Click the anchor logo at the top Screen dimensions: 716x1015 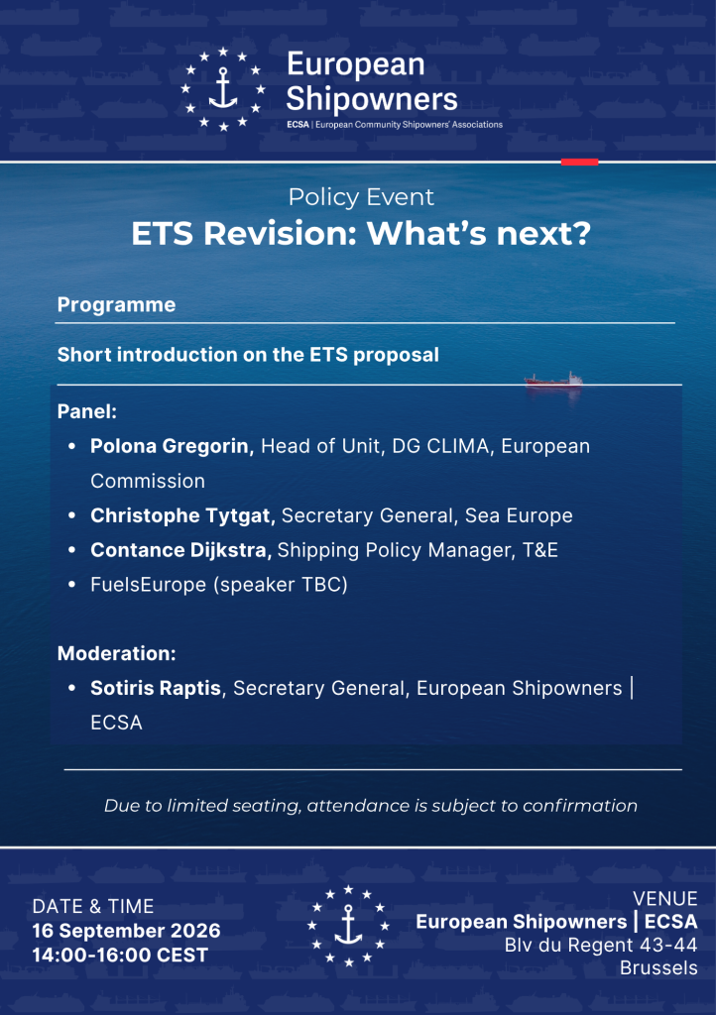tap(223, 88)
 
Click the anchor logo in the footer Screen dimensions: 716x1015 tap(348, 926)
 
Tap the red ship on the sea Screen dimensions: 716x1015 tap(553, 380)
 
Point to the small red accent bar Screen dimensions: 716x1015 tap(579, 162)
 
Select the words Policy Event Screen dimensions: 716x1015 tap(361, 197)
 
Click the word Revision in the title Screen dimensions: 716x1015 tap(281, 233)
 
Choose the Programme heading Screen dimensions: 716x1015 tap(117, 305)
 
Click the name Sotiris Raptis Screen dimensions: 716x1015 tap(156, 688)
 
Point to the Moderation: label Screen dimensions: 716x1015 tap(117, 653)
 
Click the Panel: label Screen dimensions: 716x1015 tap(86, 411)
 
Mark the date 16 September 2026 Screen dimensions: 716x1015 tap(126, 931)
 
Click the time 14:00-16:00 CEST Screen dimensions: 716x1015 tap(120, 955)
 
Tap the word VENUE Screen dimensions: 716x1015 tap(664, 898)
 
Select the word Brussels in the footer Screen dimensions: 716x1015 tap(658, 967)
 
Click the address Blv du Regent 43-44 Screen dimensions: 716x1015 tap(601, 945)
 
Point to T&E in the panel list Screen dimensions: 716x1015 tap(539, 550)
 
